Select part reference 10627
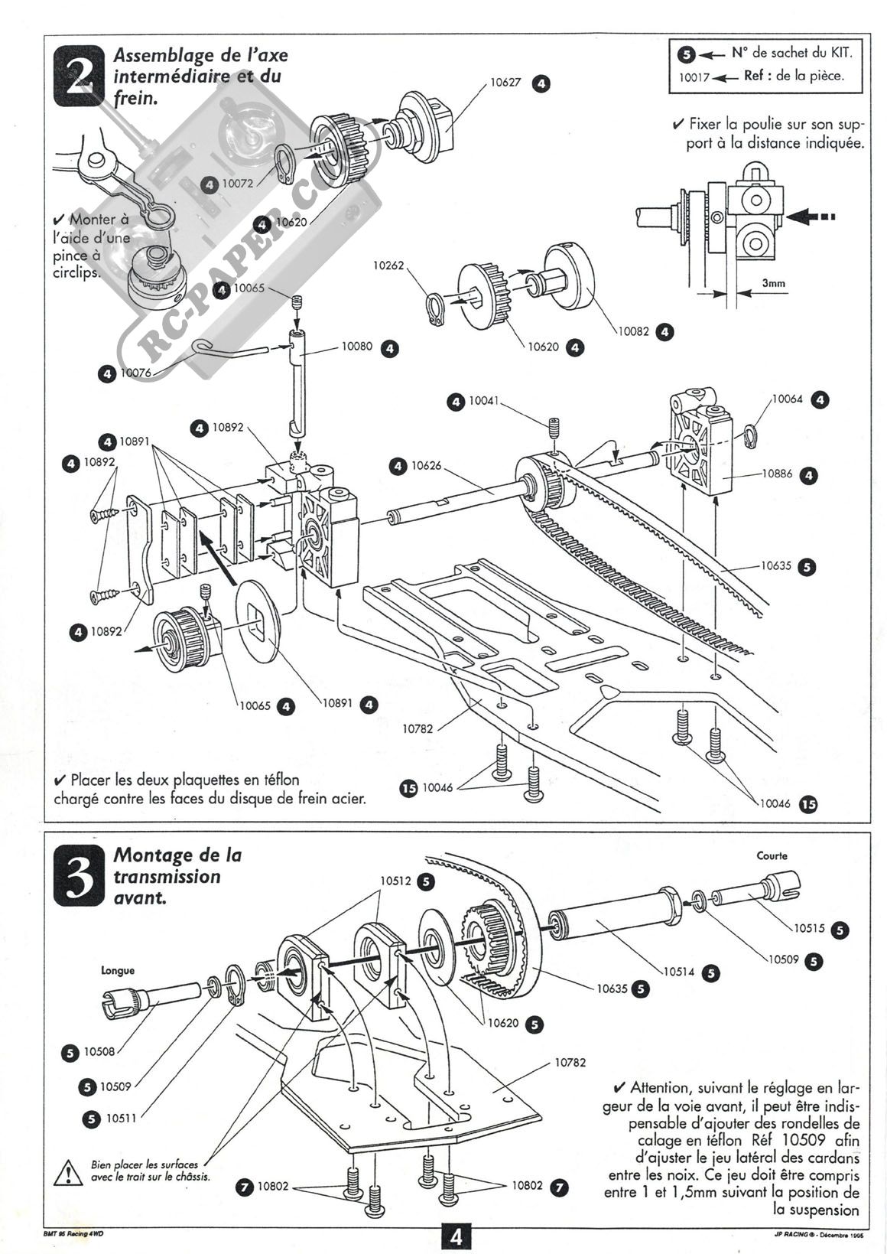pyautogui.click(x=505, y=83)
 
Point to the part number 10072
pyautogui.click(x=237, y=184)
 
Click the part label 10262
pyautogui.click(x=388, y=265)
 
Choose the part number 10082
pyautogui.click(x=634, y=331)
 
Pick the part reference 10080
pyautogui.click(x=357, y=347)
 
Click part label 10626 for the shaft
pyautogui.click(x=427, y=465)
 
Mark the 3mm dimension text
pyautogui.click(x=773, y=283)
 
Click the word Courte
pyautogui.click(x=772, y=855)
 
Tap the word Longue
pyautogui.click(x=118, y=970)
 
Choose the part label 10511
pyautogui.click(x=121, y=1118)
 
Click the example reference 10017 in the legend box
pyautogui.click(x=694, y=77)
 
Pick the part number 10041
pyautogui.click(x=484, y=400)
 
